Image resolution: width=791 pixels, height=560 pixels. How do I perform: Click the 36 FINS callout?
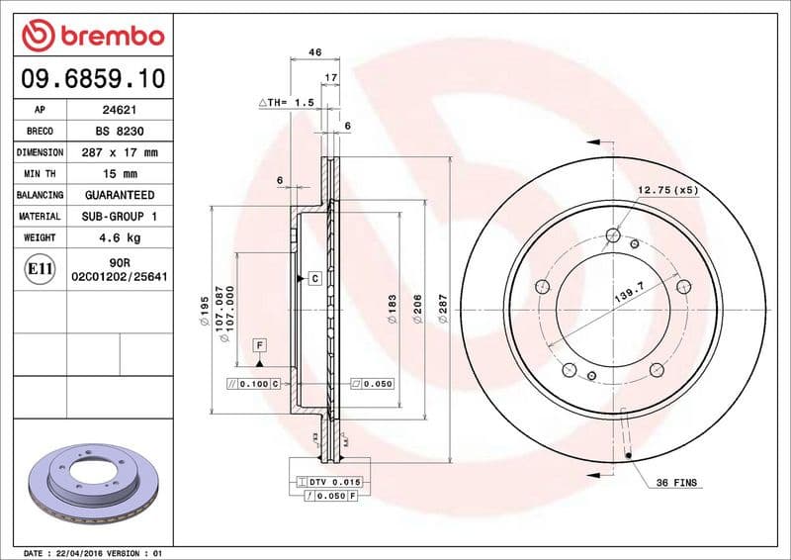point(677,483)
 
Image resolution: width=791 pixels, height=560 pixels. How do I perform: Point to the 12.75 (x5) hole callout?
point(667,189)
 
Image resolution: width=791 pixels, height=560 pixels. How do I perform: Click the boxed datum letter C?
point(314,279)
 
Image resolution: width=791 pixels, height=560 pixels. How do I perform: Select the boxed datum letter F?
point(260,345)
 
